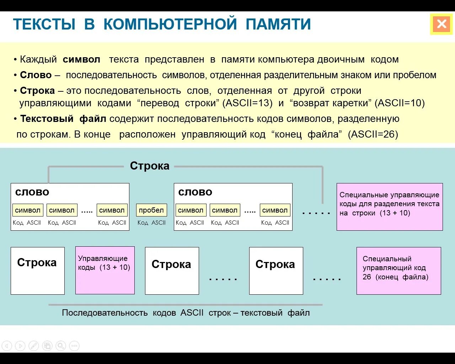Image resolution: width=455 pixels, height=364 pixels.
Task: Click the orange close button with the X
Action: (x=441, y=24)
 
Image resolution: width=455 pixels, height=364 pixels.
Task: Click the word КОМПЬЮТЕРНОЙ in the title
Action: (x=170, y=24)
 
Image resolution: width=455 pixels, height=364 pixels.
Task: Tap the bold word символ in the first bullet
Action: (x=81, y=59)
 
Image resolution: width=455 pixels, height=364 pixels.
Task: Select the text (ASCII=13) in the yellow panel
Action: (x=247, y=103)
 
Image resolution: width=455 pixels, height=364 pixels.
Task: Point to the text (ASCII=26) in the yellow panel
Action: (x=373, y=134)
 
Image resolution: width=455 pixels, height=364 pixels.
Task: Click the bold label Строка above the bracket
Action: (x=149, y=166)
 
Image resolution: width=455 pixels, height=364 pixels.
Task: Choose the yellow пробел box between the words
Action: (x=151, y=210)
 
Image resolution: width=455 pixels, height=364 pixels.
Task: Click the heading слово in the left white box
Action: (x=32, y=192)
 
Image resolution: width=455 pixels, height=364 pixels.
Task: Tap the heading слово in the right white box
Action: (x=195, y=192)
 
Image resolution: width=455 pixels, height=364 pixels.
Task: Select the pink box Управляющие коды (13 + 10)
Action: (x=105, y=270)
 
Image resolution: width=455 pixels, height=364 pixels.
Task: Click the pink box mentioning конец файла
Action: (x=398, y=271)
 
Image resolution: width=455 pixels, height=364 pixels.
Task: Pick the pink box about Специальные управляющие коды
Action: (x=390, y=207)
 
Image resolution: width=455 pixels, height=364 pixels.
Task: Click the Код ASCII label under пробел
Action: (x=151, y=223)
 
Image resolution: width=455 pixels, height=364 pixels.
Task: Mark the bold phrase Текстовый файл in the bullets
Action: (x=63, y=119)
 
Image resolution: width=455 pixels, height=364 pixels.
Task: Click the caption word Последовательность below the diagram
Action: (x=105, y=313)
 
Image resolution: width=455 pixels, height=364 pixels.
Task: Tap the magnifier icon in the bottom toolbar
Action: (x=61, y=346)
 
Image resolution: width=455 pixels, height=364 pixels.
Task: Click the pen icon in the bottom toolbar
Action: (x=33, y=346)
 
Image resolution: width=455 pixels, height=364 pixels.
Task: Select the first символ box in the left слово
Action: (x=28, y=210)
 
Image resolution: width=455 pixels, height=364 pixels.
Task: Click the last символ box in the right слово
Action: (x=275, y=210)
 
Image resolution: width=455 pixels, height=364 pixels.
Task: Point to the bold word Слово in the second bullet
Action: (x=36, y=75)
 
